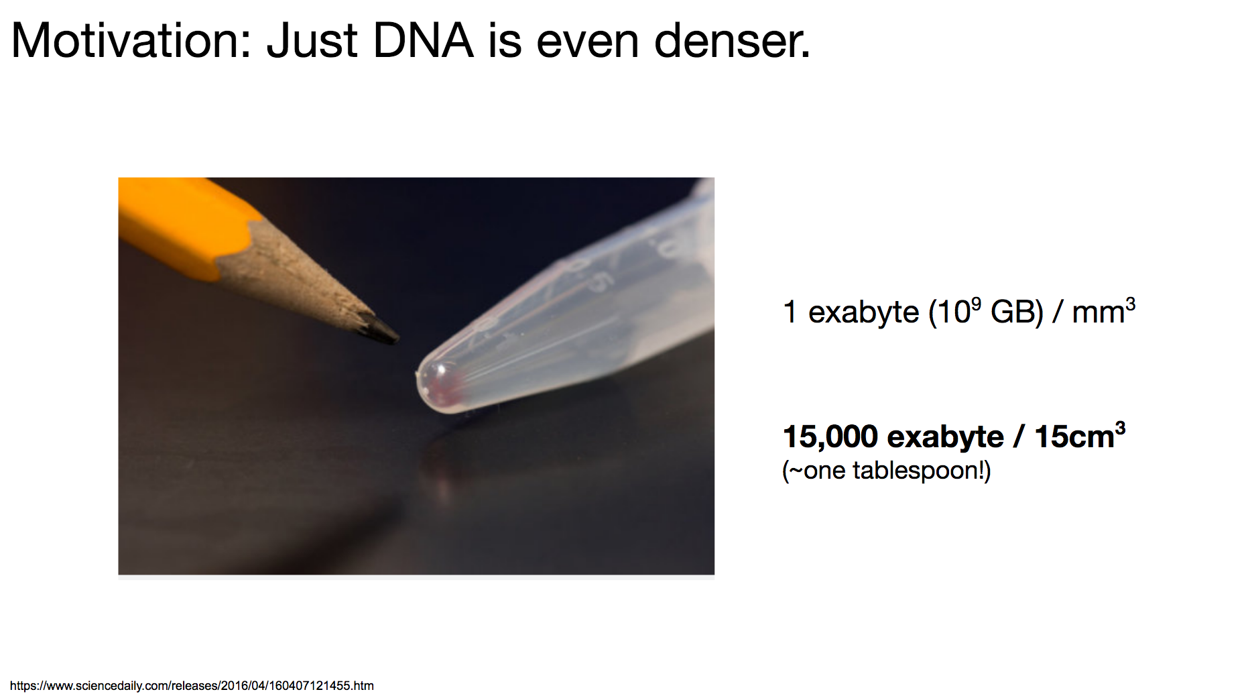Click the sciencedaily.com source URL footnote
(x=192, y=685)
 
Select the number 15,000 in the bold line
(x=830, y=436)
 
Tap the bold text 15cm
(x=1074, y=436)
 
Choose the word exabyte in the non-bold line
(x=863, y=312)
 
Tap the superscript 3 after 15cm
(x=1120, y=428)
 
